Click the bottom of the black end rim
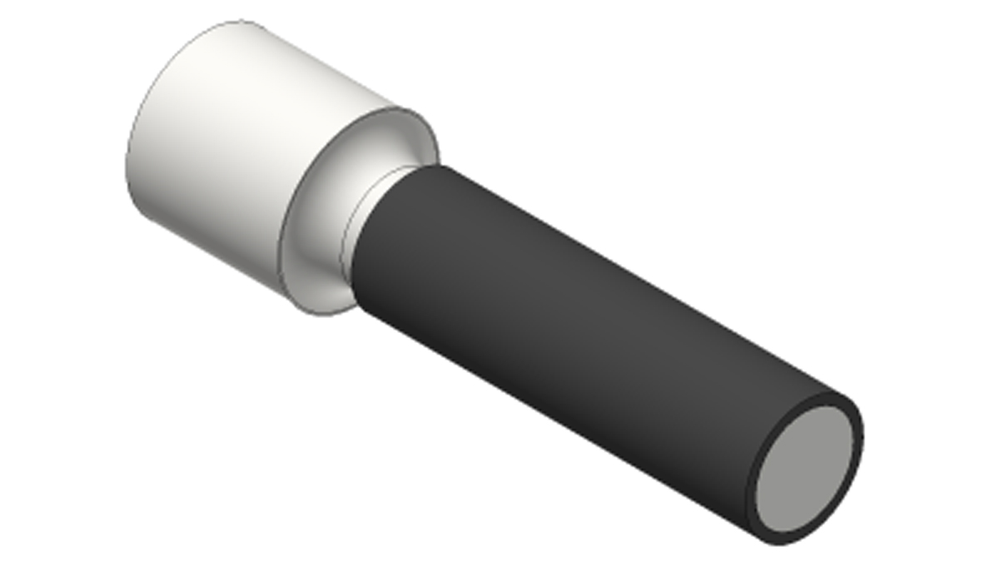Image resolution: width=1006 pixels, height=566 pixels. (779, 541)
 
